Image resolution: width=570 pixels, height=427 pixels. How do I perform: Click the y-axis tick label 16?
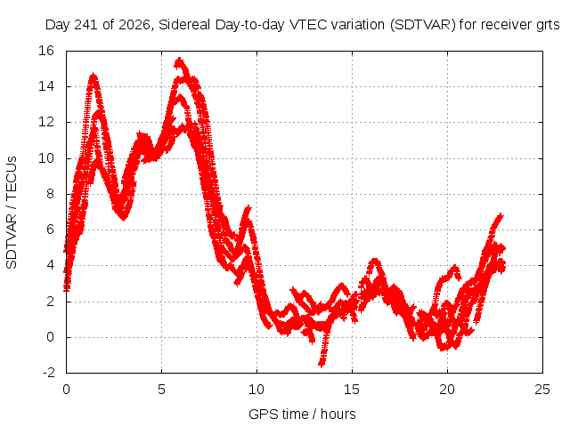coord(46,51)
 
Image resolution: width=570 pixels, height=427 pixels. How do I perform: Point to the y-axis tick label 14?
coord(46,86)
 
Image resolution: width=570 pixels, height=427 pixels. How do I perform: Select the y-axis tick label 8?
coord(50,194)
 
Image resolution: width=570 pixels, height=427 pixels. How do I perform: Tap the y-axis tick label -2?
coord(49,373)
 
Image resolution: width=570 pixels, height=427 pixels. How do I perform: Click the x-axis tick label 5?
coord(161,390)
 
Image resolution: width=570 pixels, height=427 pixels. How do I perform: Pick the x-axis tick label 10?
coord(256,390)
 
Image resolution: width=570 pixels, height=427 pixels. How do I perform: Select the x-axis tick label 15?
coord(352,390)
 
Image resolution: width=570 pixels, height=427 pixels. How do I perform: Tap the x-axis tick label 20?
coord(447,390)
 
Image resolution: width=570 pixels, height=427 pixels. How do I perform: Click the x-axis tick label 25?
coord(542,390)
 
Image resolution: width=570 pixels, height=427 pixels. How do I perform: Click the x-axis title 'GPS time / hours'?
coord(302,415)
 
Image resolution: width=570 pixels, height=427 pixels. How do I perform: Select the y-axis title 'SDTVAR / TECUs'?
coord(12,213)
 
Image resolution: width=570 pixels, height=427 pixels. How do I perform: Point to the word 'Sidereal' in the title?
coord(184,25)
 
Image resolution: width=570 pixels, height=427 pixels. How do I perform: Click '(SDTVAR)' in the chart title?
coord(423,25)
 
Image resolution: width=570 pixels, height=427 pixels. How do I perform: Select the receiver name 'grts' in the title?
coord(548,26)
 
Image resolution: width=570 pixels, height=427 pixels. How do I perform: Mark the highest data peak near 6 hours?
coord(180,60)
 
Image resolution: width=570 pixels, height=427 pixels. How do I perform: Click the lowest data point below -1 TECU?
coord(322,364)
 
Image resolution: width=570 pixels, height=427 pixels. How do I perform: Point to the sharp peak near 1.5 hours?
coord(94,76)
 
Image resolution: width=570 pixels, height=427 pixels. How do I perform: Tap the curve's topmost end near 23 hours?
coord(501,216)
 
